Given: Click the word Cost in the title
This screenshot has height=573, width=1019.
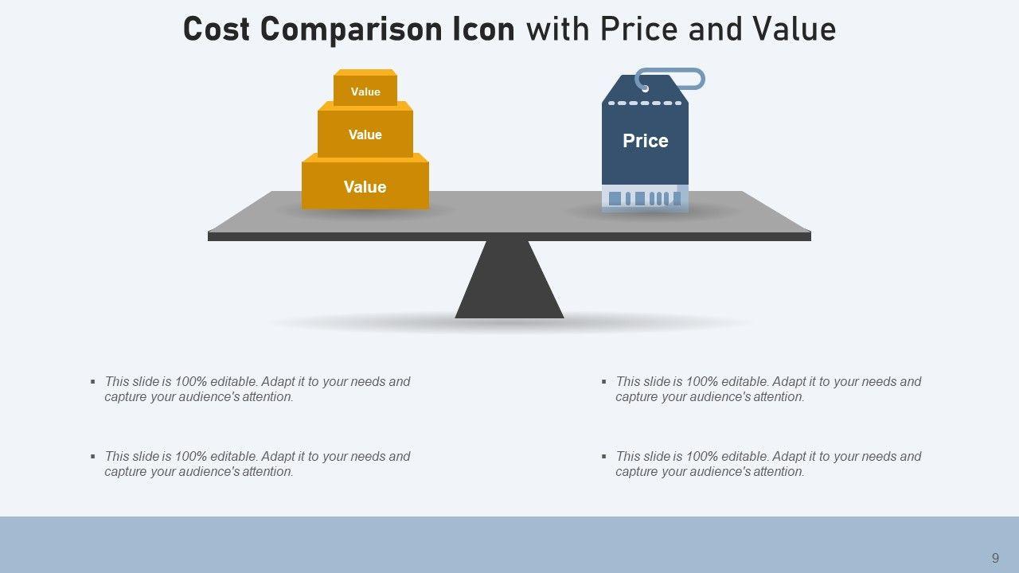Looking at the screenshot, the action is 217,29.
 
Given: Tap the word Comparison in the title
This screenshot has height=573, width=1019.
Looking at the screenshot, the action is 351,30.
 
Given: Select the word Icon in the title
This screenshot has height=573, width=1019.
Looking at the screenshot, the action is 483,29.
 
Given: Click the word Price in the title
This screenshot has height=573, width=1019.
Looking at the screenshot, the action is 639,29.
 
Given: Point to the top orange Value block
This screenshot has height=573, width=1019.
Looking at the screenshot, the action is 365,88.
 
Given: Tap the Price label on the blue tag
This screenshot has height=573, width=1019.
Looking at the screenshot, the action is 645,141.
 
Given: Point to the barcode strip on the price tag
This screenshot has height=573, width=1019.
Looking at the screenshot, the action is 645,199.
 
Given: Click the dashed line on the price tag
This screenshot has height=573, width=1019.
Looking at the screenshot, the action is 645,103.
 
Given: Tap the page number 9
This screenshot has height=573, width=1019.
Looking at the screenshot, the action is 995,558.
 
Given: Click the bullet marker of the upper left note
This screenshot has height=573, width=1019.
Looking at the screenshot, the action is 93,381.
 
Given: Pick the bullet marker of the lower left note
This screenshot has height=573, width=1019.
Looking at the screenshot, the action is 93,456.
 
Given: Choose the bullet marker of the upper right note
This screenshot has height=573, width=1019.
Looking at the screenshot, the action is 604,381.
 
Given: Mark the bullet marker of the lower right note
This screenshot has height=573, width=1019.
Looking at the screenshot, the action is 604,456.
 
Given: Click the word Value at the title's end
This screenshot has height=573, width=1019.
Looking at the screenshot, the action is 795,29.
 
